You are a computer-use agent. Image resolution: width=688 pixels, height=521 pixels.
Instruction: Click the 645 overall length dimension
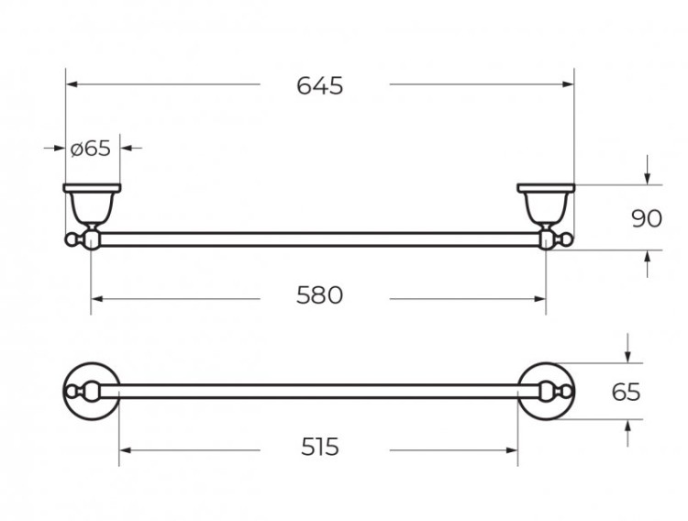point(319,85)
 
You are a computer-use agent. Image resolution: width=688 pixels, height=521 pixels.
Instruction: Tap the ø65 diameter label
point(90,148)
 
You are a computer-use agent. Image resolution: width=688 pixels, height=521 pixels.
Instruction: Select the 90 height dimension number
point(648,217)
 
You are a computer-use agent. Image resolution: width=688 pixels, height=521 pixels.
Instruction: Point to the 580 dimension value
point(319,295)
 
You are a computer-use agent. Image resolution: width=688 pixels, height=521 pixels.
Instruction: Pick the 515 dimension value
point(319,447)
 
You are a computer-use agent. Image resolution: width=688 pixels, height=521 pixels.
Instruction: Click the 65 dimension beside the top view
point(626,392)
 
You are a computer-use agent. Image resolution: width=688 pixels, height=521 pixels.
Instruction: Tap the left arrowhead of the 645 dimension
point(72,85)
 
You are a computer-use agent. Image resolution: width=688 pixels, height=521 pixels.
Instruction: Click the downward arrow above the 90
point(648,174)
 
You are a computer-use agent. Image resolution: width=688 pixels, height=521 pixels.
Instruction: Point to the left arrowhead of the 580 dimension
point(97,296)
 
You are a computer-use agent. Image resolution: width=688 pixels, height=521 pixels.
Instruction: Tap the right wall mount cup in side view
point(546,202)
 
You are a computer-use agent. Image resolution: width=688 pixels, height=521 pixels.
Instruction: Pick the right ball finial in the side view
point(568,240)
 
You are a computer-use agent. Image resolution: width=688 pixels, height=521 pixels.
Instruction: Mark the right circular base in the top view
point(547,392)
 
